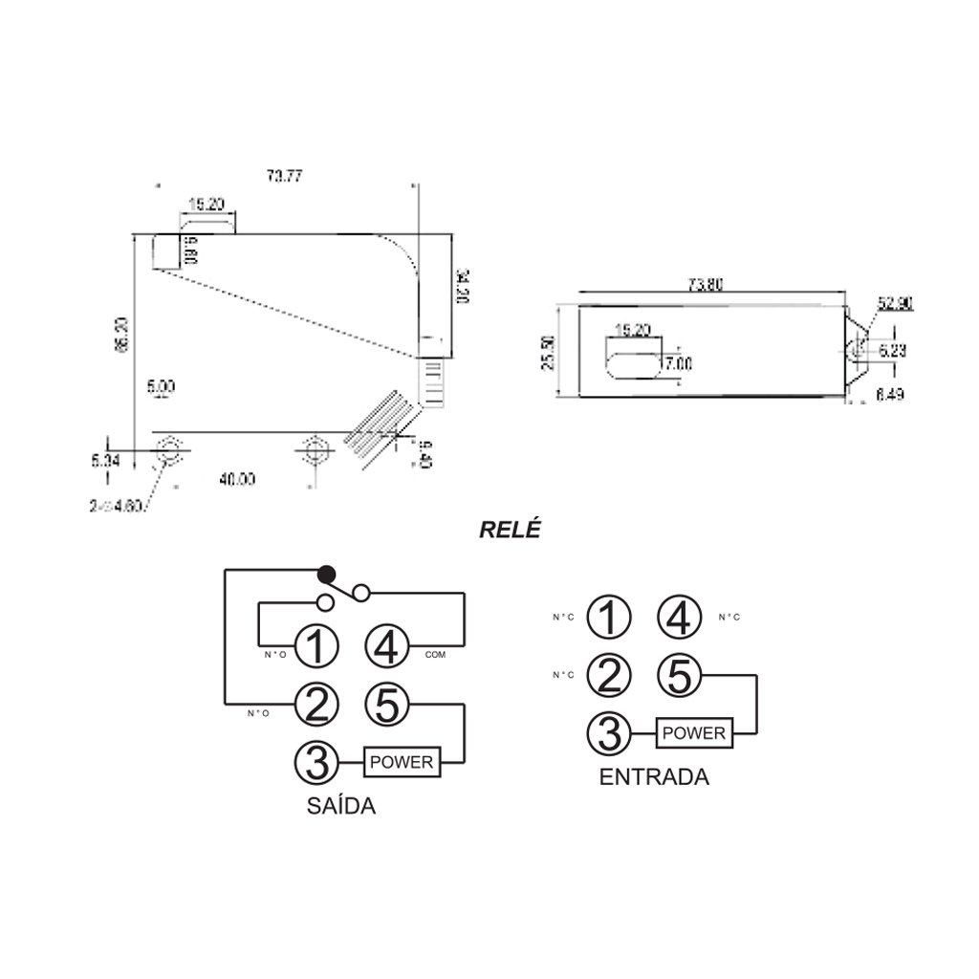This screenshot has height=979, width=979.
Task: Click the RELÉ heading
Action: click(x=510, y=528)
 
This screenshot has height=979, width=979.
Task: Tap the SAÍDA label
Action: click(x=341, y=805)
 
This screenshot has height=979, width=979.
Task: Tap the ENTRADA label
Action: click(x=654, y=776)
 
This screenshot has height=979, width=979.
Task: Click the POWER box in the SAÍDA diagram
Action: click(x=402, y=762)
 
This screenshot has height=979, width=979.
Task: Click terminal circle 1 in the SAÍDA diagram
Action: click(x=317, y=647)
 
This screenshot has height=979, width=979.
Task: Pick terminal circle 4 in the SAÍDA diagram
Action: click(x=388, y=647)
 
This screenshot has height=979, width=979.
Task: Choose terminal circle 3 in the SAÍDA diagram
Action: click(x=317, y=762)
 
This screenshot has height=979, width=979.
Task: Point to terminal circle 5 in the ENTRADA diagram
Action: click(x=679, y=676)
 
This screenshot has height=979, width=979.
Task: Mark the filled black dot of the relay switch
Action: click(x=326, y=574)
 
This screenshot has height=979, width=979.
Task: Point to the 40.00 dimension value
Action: click(x=236, y=480)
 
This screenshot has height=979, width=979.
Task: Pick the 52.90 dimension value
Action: click(x=896, y=304)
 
